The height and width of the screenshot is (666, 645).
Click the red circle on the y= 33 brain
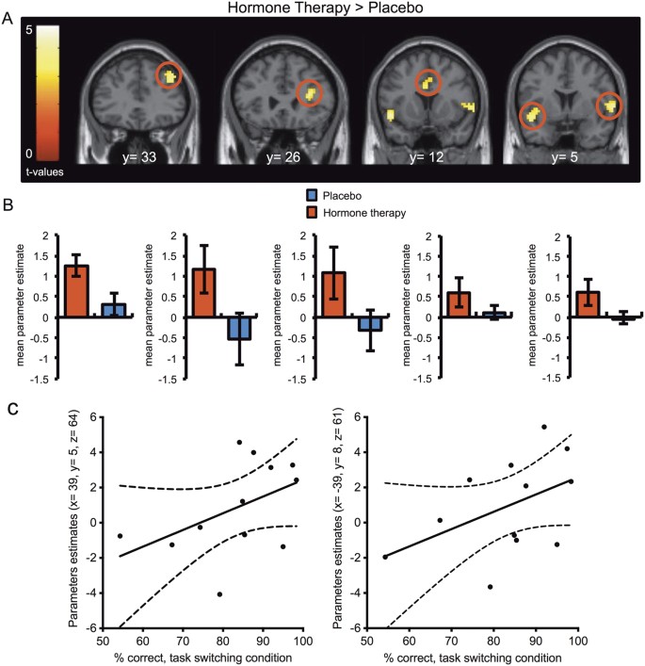[x=170, y=76]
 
